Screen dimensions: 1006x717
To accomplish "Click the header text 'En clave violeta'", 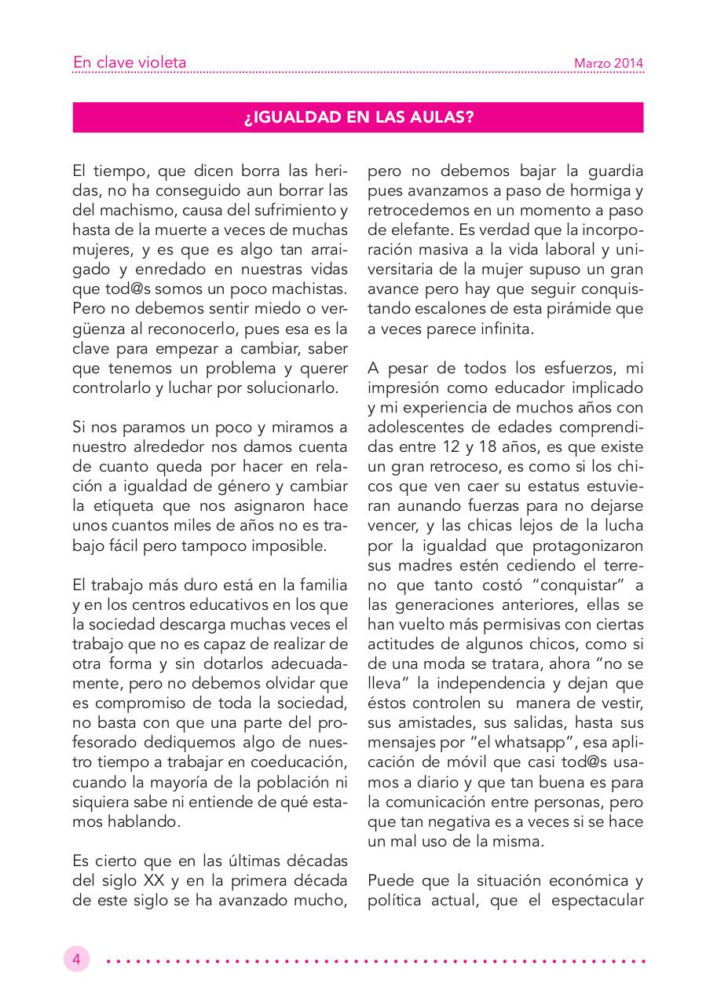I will pos(130,62).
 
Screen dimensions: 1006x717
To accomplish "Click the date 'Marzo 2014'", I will pos(609,63).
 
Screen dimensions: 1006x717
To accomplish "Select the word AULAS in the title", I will pos(444,118).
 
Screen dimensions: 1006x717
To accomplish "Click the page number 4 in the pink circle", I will pos(77,960).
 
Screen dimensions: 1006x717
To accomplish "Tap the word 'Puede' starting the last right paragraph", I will pos(390,879).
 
